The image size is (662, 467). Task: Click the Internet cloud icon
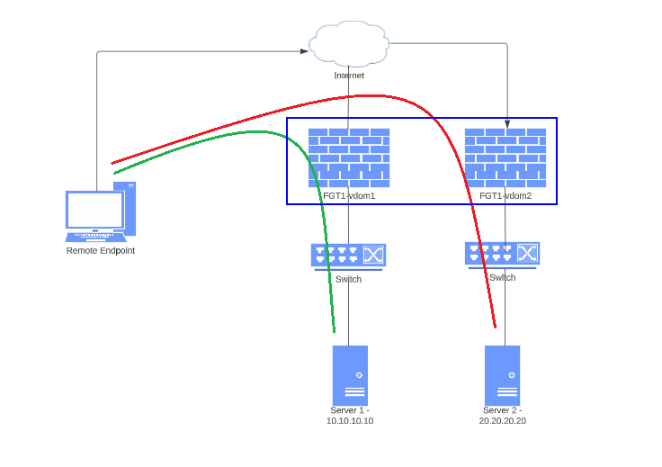click(x=349, y=43)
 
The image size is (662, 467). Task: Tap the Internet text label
click(x=349, y=76)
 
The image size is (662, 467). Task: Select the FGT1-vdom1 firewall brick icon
click(x=349, y=157)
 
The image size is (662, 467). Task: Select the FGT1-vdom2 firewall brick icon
click(x=505, y=157)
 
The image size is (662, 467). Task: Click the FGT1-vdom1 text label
click(x=349, y=195)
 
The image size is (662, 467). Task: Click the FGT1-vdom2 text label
click(x=505, y=195)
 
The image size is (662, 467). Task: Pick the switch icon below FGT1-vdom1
click(x=348, y=256)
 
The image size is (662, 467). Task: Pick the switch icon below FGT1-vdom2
click(x=502, y=254)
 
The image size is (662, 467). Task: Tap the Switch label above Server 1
click(x=348, y=279)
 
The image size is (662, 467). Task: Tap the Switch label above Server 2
click(x=502, y=277)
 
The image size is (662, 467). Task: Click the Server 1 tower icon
click(x=350, y=375)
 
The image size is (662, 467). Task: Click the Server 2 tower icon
click(x=502, y=375)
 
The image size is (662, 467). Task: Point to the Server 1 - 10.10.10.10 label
click(x=349, y=415)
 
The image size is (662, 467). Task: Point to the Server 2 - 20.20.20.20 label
click(x=502, y=415)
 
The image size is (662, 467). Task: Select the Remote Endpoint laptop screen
click(x=94, y=210)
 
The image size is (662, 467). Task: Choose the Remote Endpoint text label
click(x=100, y=250)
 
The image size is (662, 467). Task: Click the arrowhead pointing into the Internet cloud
click(x=304, y=51)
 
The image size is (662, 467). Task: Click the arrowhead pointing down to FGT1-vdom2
click(x=507, y=123)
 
